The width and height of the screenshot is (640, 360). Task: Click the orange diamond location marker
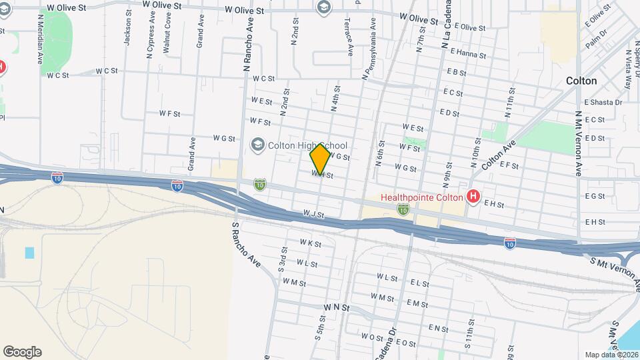320,159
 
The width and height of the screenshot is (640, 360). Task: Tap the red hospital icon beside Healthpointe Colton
473,196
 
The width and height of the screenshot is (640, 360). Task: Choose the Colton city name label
581,80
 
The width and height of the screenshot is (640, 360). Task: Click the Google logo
22,352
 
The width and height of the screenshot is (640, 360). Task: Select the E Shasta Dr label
603,102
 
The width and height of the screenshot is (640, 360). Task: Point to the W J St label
313,215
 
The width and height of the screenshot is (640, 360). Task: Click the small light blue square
29,253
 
